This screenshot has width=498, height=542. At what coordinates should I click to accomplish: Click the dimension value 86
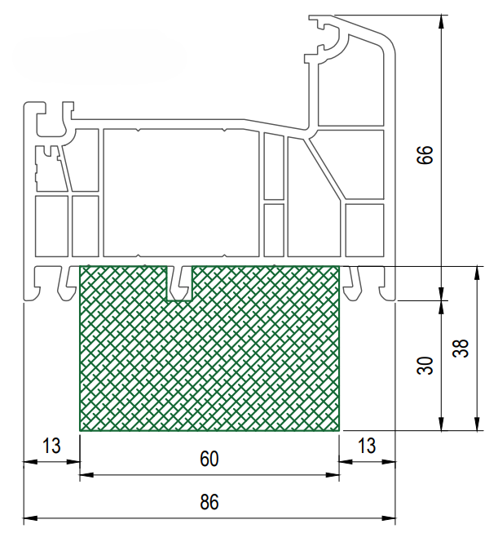(209, 501)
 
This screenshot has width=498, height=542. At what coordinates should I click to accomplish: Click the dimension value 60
(209, 459)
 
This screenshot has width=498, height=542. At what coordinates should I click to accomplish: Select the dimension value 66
(425, 155)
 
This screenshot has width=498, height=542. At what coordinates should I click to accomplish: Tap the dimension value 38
(461, 348)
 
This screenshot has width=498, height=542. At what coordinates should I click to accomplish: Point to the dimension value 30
(425, 366)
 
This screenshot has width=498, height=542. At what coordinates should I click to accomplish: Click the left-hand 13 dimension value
(51, 446)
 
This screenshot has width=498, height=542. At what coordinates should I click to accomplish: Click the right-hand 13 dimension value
(367, 446)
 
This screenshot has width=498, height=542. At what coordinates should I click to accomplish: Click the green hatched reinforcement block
(209, 363)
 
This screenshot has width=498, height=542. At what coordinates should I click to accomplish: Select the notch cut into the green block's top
(179, 283)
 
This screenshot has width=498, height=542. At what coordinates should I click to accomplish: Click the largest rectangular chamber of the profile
(181, 193)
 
